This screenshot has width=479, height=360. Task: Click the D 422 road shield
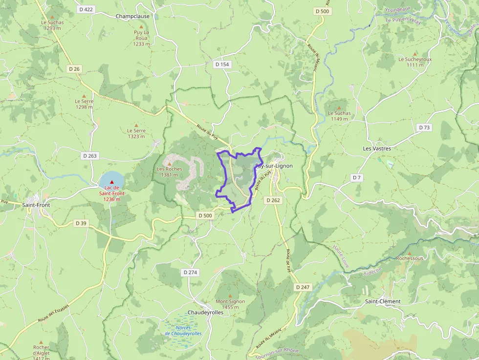(86, 9)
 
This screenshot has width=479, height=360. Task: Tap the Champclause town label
(132, 16)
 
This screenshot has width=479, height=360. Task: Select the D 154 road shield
(222, 64)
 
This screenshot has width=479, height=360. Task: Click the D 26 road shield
(74, 69)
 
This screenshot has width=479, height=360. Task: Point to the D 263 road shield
(90, 156)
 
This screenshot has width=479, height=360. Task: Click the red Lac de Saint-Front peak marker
(111, 182)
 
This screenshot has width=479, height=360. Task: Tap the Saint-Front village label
(36, 205)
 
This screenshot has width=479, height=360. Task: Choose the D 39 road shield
(81, 223)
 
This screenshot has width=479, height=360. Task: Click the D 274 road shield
(189, 272)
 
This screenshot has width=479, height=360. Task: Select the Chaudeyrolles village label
(205, 312)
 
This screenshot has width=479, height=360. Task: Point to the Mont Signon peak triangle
(230, 295)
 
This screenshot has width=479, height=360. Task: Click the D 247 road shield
(303, 287)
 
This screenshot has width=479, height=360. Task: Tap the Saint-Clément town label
(383, 301)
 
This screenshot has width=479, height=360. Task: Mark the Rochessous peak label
(410, 258)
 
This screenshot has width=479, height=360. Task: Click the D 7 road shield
(357, 178)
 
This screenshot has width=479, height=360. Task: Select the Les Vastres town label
(377, 148)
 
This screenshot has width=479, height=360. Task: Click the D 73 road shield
(424, 127)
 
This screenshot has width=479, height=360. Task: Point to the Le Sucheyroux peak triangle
(415, 52)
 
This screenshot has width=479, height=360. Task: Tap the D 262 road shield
(273, 200)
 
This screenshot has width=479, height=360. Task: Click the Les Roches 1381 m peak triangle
(169, 163)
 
